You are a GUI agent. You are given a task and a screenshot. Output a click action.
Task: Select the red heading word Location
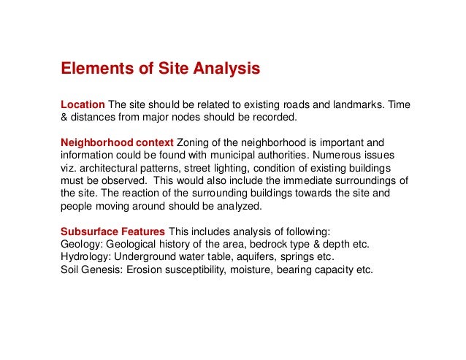point(83,104)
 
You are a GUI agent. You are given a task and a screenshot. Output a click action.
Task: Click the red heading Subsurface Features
point(112,232)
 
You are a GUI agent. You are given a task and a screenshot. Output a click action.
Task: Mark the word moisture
point(253,269)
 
